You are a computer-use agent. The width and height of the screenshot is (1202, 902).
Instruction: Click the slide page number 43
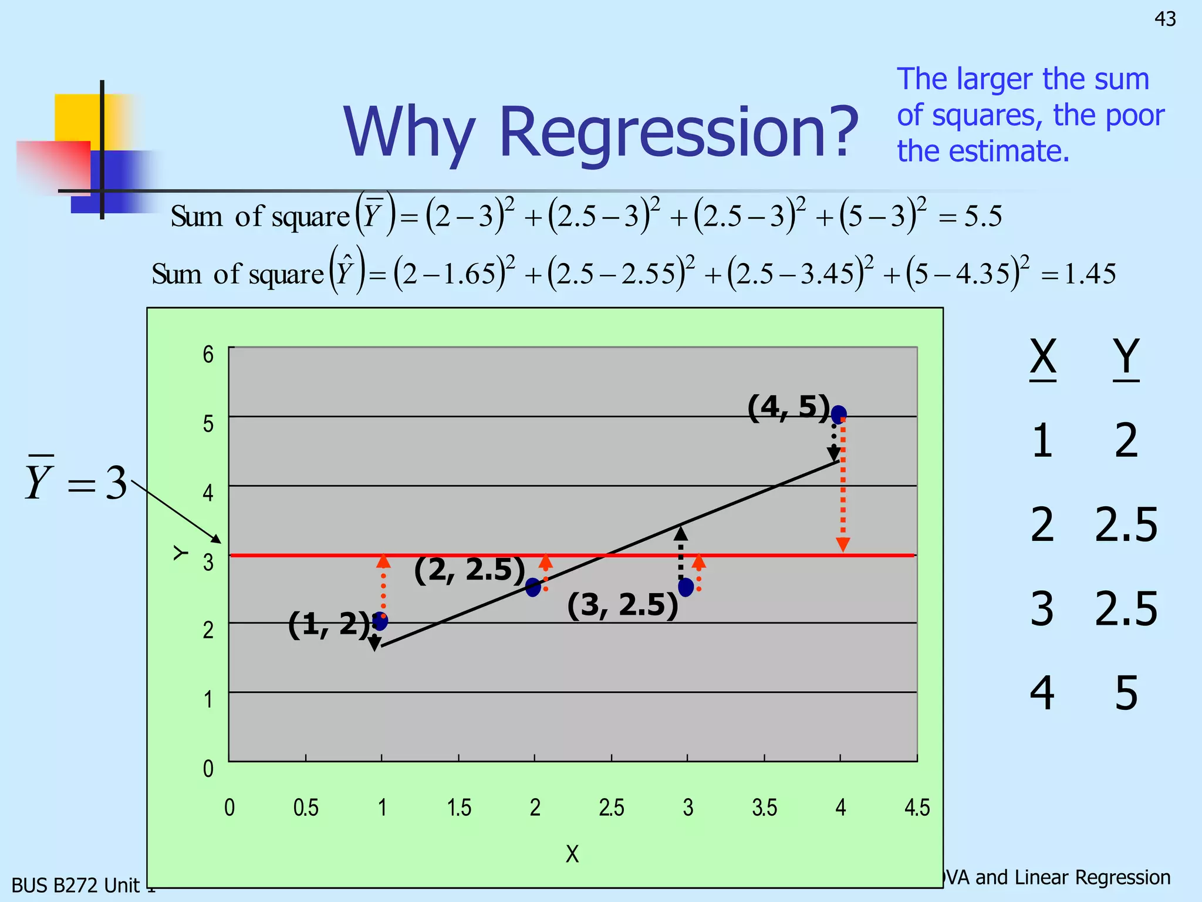[x=1165, y=19]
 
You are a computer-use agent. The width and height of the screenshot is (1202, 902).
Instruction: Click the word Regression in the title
[x=677, y=132]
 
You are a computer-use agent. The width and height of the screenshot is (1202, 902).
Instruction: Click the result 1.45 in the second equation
[x=1090, y=274]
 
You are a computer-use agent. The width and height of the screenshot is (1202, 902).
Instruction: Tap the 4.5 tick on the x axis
[x=917, y=807]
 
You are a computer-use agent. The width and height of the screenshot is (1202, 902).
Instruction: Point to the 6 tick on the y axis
[x=208, y=354]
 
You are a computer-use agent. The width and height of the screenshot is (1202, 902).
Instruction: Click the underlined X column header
[x=1043, y=357]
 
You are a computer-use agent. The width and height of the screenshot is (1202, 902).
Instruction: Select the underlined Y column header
[x=1126, y=357]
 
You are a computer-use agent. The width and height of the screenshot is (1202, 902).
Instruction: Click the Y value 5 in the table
[x=1126, y=694]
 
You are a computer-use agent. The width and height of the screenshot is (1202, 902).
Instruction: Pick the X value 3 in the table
[x=1042, y=609]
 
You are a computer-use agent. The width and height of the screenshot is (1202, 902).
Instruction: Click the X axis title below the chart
[x=572, y=854]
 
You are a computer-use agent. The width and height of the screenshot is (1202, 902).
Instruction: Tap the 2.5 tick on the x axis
[x=611, y=807]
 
